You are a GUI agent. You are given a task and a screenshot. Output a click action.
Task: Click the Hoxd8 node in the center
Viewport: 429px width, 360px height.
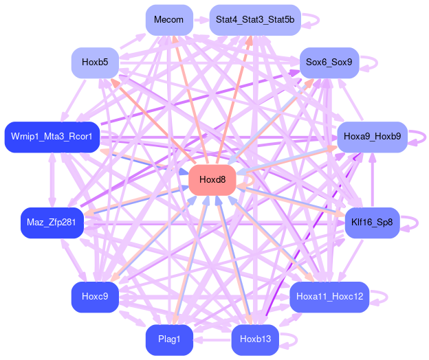[212, 180]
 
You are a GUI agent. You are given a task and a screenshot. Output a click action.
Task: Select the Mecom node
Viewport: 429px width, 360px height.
[168, 20]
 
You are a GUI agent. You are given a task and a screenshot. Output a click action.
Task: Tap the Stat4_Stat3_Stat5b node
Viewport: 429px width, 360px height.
[254, 20]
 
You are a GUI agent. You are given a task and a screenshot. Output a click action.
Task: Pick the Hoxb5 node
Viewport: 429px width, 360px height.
[95, 63]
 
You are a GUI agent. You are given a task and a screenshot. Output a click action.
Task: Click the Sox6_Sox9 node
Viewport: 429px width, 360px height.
[329, 63]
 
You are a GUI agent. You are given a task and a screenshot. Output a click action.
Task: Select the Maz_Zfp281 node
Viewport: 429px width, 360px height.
[52, 223]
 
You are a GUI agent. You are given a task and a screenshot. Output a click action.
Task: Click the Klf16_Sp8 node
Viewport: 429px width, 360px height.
[372, 223]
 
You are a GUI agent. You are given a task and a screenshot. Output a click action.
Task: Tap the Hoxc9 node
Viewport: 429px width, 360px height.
[95, 297]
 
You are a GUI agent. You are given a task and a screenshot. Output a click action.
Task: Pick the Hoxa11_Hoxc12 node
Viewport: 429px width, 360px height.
[329, 297]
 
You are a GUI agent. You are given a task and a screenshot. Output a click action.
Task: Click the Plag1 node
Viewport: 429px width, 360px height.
[168, 340]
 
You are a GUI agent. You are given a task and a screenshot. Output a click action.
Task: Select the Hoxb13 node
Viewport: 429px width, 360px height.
[254, 340]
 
